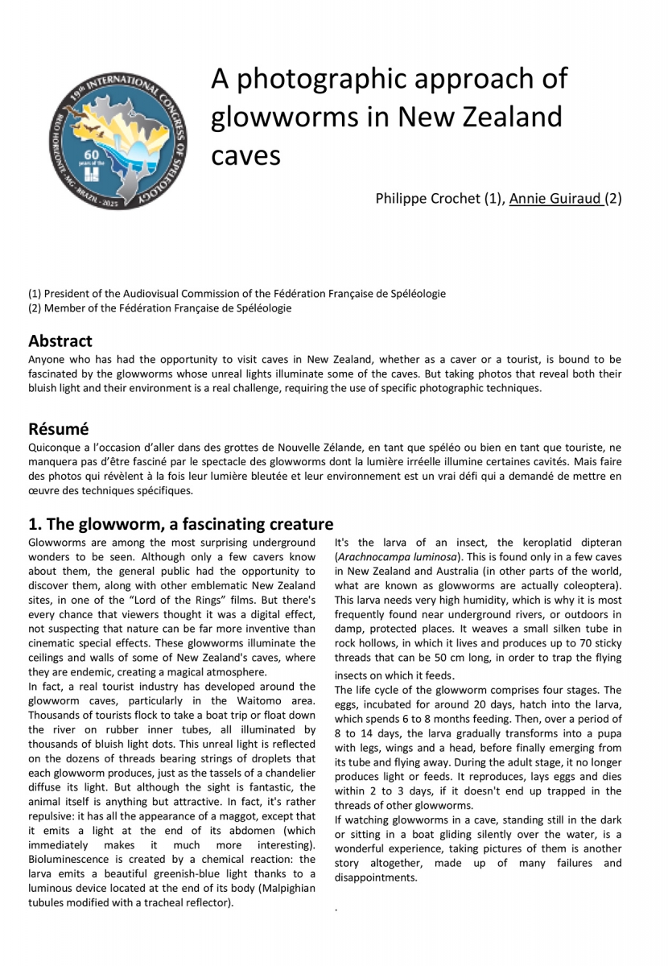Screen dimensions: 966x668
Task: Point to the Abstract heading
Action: click(x=60, y=341)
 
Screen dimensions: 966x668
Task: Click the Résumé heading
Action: click(x=58, y=427)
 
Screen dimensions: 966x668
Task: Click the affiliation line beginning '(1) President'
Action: click(x=237, y=294)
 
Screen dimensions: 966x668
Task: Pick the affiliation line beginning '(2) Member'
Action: click(x=159, y=308)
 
